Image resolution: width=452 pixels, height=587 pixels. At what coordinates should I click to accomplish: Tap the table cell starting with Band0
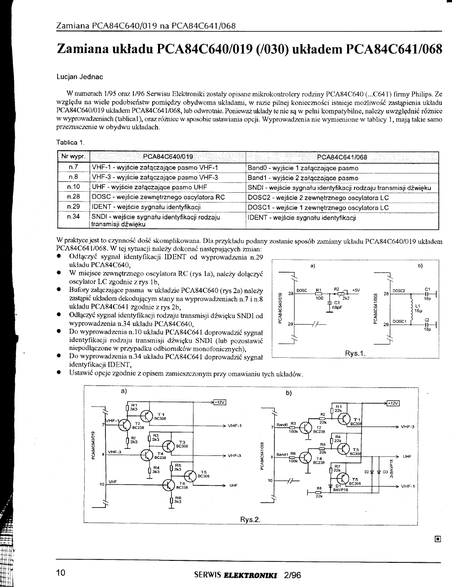(303, 168)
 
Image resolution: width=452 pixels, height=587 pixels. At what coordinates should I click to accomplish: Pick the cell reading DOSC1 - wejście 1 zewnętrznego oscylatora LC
(318, 207)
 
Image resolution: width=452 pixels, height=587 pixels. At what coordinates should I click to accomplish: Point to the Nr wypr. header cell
(73, 157)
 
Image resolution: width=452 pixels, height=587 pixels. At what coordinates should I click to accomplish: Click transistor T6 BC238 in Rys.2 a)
(169, 484)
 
